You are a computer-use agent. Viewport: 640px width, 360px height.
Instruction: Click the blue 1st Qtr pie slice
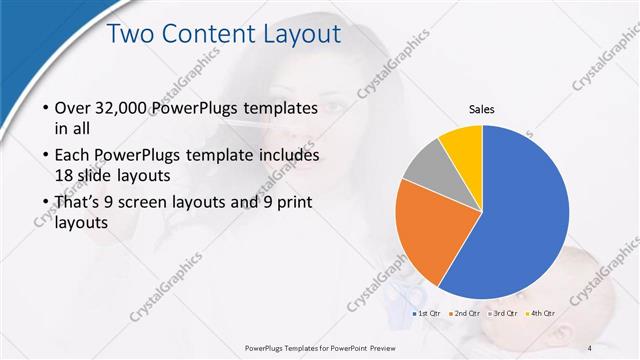click(x=520, y=220)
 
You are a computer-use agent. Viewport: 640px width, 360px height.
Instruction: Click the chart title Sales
click(x=482, y=109)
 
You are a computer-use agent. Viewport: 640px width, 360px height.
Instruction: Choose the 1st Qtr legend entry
click(x=427, y=313)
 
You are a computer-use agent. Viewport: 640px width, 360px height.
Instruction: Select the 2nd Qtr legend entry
click(x=466, y=313)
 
